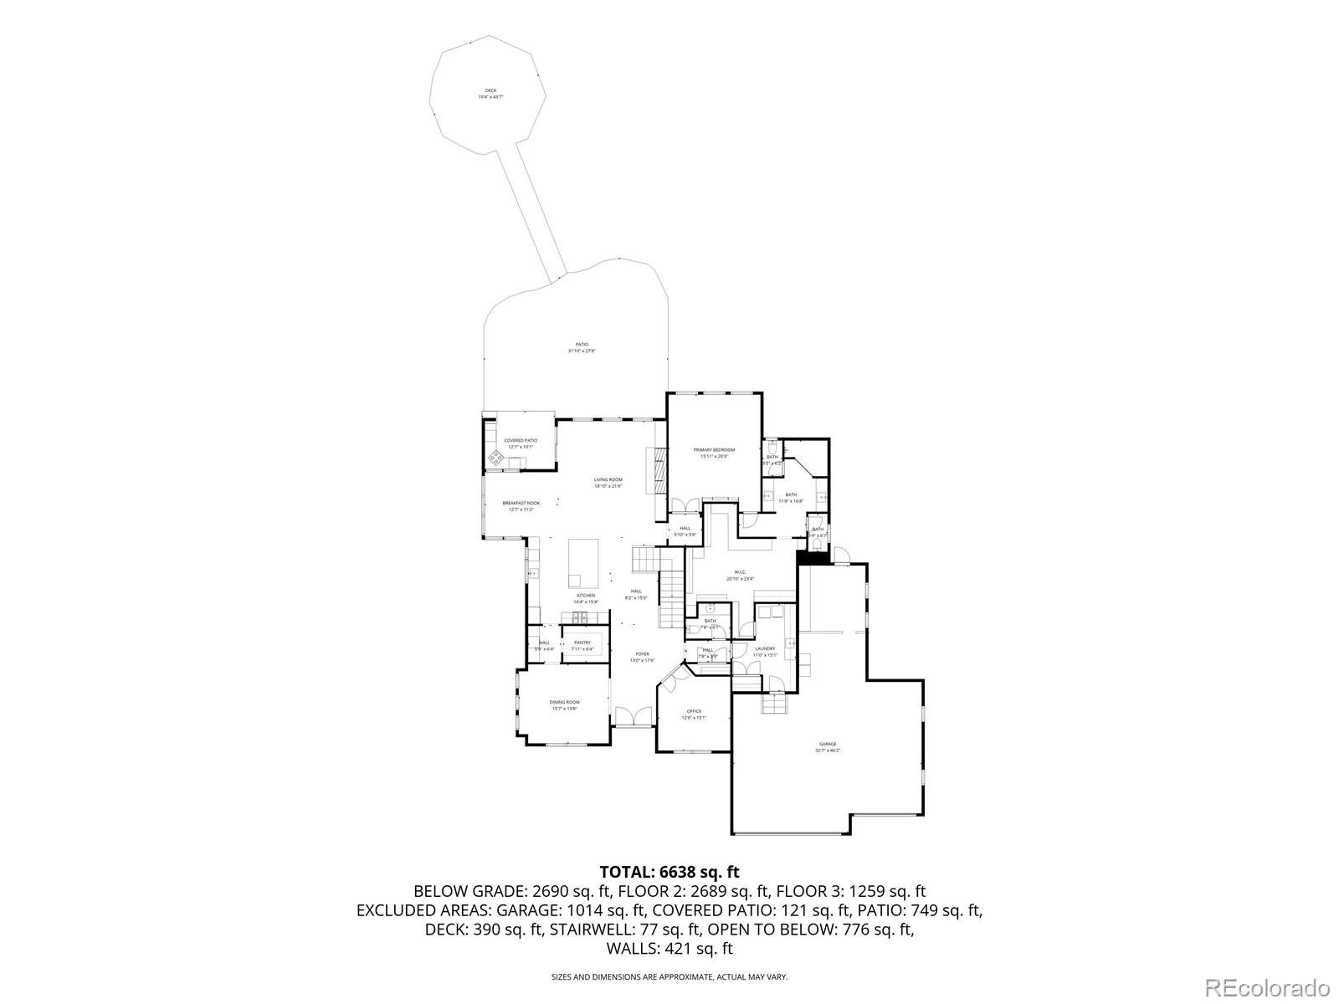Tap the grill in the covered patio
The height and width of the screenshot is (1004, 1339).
(x=496, y=457)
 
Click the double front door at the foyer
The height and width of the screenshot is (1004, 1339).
(x=633, y=716)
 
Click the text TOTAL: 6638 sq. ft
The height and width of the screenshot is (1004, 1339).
(x=669, y=873)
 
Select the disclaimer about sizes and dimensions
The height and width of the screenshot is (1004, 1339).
(x=669, y=976)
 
